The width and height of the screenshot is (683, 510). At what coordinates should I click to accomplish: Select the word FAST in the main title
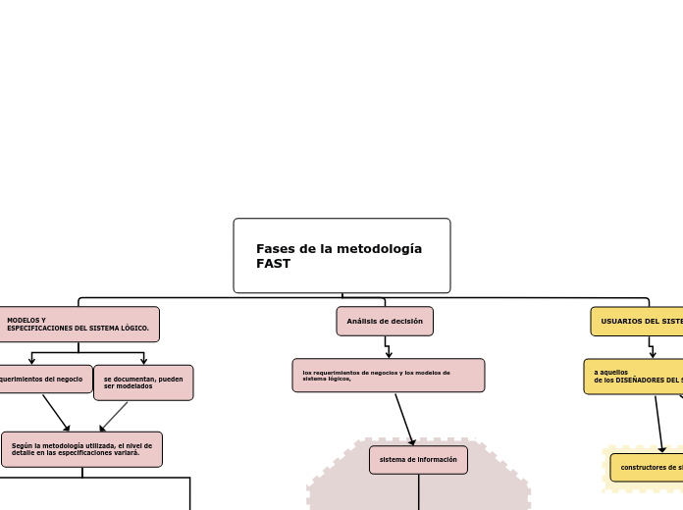(x=274, y=264)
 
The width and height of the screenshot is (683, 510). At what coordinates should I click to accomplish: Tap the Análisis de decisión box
(x=385, y=321)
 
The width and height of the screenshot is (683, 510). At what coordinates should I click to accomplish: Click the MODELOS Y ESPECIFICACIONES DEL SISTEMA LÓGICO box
(x=79, y=325)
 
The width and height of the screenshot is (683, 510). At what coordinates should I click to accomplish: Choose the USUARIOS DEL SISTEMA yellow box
(x=639, y=321)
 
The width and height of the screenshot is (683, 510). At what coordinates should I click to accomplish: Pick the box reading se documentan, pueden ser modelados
(x=143, y=382)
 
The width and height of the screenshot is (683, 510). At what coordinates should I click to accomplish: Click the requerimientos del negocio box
(x=44, y=379)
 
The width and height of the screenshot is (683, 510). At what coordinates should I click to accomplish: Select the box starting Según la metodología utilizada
(x=81, y=449)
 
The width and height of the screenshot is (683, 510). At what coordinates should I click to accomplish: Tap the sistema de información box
(x=418, y=459)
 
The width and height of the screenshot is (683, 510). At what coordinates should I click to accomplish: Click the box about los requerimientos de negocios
(x=388, y=375)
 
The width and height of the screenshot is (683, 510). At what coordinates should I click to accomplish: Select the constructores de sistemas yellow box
(x=648, y=467)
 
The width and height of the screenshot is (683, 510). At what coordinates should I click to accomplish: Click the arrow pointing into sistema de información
(x=404, y=420)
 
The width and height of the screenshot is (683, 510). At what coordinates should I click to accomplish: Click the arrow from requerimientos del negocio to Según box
(x=56, y=413)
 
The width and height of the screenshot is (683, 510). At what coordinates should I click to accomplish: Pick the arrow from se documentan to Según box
(x=114, y=416)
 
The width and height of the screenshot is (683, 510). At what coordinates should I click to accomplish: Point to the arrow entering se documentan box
(x=143, y=359)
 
